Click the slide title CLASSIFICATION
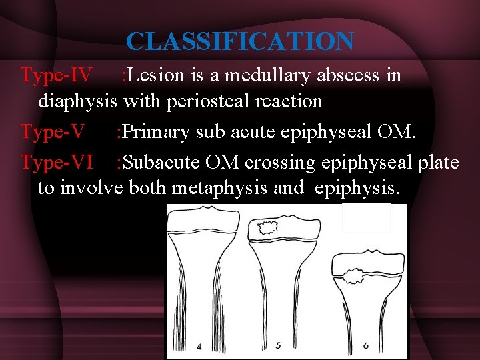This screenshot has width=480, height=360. [240, 41]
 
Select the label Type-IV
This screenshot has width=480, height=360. [57, 75]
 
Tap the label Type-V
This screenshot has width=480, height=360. [53, 132]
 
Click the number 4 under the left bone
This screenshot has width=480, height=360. [199, 346]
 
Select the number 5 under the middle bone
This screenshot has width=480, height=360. [277, 346]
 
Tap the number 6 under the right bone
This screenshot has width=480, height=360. [366, 346]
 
